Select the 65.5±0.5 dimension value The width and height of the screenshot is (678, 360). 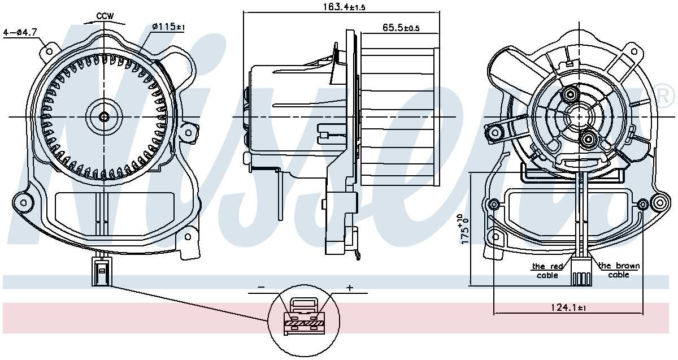click(401, 27)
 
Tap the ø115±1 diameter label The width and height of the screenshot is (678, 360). click(168, 27)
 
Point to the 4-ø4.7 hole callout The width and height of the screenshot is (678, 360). click(20, 32)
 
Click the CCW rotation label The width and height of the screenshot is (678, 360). click(105, 16)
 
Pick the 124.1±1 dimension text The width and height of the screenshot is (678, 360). click(568, 307)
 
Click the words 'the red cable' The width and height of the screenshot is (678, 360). click(546, 270)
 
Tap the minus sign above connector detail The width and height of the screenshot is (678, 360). click(261, 287)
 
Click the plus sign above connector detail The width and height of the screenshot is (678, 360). click(349, 288)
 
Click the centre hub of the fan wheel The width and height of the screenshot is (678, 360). click(104, 117)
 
